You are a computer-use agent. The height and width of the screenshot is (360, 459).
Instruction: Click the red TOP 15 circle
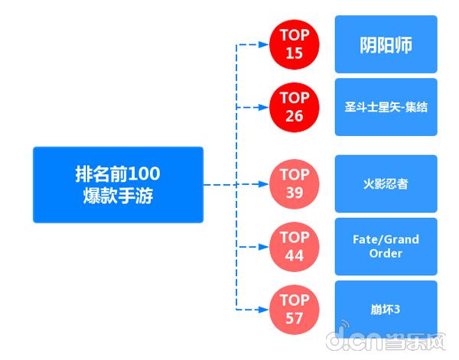[295, 44]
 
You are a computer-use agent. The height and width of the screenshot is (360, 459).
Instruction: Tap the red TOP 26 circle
[295, 107]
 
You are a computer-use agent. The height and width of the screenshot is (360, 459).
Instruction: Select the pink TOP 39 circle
[295, 183]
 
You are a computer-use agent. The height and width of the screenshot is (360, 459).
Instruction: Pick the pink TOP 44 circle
[295, 246]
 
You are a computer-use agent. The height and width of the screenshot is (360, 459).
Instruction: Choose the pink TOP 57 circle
[295, 309]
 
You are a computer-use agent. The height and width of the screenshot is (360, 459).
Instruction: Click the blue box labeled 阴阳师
[386, 44]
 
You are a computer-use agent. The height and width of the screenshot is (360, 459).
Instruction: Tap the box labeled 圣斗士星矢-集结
[386, 107]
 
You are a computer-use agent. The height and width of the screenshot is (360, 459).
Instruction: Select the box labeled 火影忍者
[386, 183]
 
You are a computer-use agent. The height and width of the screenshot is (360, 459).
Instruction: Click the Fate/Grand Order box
[386, 246]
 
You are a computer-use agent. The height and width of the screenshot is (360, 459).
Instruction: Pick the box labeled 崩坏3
[386, 309]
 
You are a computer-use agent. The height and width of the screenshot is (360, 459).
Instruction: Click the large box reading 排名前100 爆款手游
[118, 184]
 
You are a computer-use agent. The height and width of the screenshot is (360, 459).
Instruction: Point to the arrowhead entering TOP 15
[266, 44]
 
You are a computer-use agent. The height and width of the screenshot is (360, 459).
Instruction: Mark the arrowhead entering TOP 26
[266, 107]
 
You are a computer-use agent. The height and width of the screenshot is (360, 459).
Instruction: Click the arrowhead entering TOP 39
[266, 184]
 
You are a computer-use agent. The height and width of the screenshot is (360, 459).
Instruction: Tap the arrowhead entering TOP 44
[266, 246]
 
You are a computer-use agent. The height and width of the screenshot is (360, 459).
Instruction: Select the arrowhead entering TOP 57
[266, 309]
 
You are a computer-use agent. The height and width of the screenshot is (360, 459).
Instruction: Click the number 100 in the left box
[145, 173]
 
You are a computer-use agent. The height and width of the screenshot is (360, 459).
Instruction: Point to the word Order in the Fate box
[386, 254]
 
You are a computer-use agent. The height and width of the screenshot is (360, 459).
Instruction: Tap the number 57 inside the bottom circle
[295, 317]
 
